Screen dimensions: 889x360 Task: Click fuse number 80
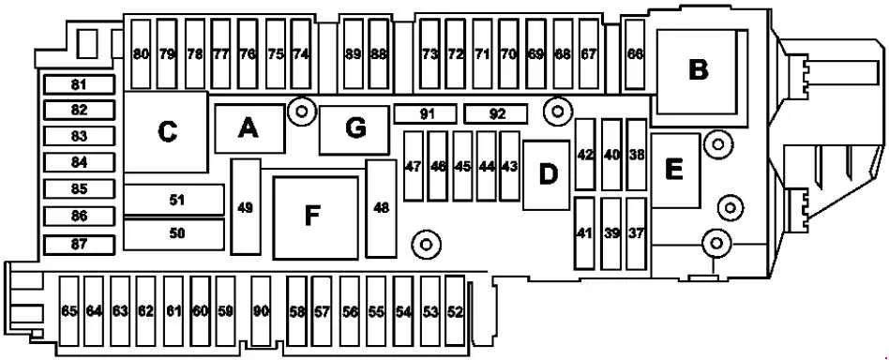tap(141, 54)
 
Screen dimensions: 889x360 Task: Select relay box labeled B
tap(698, 71)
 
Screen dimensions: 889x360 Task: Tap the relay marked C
tap(167, 132)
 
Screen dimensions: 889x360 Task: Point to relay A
tap(249, 128)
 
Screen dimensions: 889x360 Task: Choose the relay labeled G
tap(354, 129)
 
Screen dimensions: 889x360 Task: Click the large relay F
tap(316, 217)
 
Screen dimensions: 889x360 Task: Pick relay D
tap(546, 175)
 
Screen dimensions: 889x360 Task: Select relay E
tap(675, 171)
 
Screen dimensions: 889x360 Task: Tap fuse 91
tap(426, 114)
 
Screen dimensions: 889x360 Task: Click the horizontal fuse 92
tap(496, 114)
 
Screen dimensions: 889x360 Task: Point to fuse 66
tap(635, 54)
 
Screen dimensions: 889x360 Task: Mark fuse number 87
tap(80, 245)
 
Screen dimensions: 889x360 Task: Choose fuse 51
tap(174, 200)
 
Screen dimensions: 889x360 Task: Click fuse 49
tap(246, 207)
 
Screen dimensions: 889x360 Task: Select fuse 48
tap(382, 208)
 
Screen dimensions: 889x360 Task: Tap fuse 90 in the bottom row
tap(261, 311)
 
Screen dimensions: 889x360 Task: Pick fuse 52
tap(455, 311)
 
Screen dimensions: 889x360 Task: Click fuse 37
tap(637, 233)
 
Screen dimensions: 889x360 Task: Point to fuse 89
tap(354, 54)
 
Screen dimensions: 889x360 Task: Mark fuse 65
tap(69, 311)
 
